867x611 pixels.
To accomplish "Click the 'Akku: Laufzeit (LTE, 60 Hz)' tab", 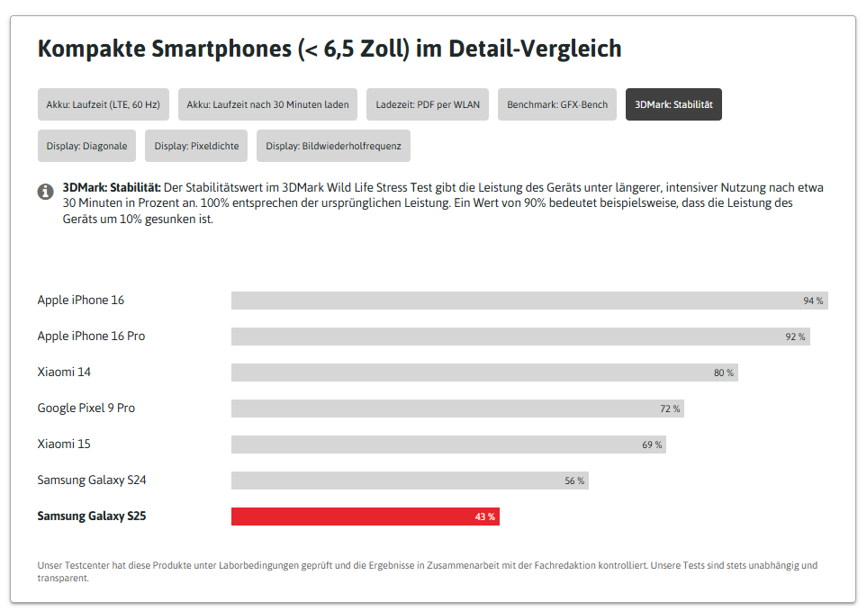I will tap(103, 104).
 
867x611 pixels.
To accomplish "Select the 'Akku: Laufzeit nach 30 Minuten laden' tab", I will tap(267, 104).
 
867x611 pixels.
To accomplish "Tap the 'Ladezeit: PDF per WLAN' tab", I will tap(428, 104).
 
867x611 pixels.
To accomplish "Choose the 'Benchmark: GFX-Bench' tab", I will tap(556, 104).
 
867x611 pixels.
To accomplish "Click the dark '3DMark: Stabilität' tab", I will tap(673, 104).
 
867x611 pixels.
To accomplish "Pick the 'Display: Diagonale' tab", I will tap(86, 146).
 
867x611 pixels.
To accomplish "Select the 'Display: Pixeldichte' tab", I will tap(195, 146).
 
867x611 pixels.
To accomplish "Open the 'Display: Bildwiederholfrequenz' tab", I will tap(333, 146).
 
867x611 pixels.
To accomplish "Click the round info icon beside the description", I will tap(45, 192).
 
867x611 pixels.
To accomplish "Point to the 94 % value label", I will tap(813, 301).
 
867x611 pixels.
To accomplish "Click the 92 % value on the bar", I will tap(795, 337).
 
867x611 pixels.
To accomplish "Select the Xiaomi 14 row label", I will tap(64, 372).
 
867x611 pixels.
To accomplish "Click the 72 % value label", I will tap(670, 409).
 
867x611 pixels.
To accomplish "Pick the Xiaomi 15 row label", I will tap(64, 444).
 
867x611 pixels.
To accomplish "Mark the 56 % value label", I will tap(574, 481).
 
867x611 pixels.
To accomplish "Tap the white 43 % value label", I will tap(485, 517).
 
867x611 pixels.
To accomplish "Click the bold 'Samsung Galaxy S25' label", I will tap(91, 516).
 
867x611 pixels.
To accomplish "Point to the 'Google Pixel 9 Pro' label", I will tap(86, 408).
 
